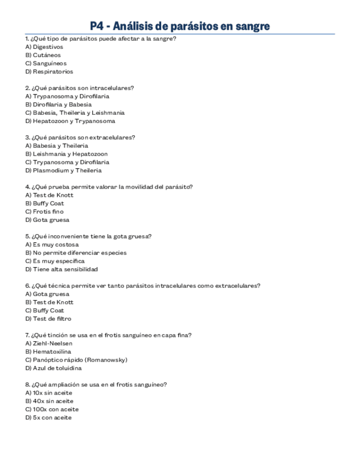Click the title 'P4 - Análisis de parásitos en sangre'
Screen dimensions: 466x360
[x=180, y=26]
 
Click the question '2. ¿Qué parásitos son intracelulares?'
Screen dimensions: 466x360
[x=80, y=88]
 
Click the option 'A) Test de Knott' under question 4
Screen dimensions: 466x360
[x=49, y=195]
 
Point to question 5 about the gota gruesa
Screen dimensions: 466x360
[x=88, y=236]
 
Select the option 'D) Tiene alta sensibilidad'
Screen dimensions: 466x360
[x=62, y=269]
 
